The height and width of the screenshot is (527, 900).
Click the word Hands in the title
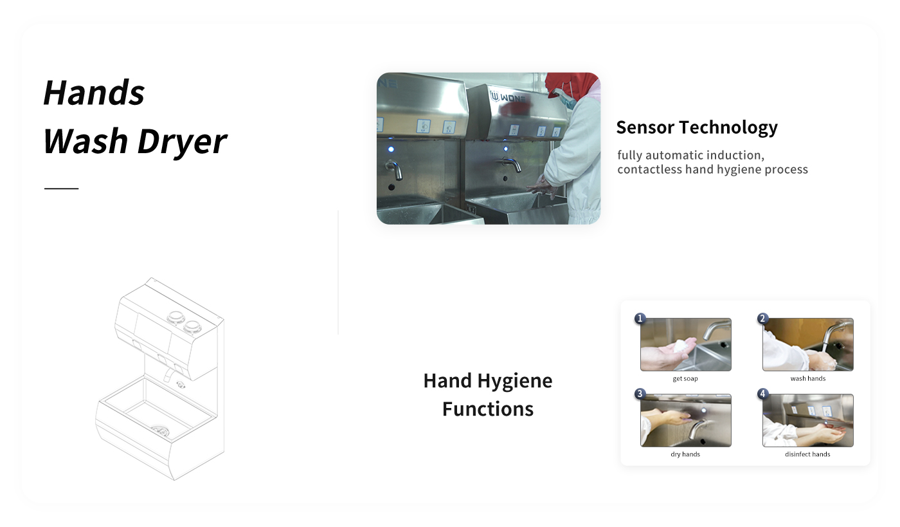pyautogui.click(x=94, y=93)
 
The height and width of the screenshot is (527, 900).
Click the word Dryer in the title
pyautogui.click(x=182, y=142)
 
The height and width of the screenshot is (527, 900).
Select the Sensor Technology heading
pyautogui.click(x=697, y=127)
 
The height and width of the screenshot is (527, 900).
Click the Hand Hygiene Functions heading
pyautogui.click(x=488, y=394)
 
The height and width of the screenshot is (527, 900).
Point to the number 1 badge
pyautogui.click(x=640, y=319)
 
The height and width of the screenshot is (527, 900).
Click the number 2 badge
pyautogui.click(x=762, y=319)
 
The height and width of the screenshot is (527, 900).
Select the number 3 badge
pyautogui.click(x=640, y=393)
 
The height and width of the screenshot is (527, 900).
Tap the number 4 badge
pyautogui.click(x=762, y=393)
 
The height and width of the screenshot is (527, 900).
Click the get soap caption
pyautogui.click(x=685, y=378)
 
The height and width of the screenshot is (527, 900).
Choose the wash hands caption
pyautogui.click(x=807, y=378)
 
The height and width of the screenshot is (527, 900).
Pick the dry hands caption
pyautogui.click(x=685, y=454)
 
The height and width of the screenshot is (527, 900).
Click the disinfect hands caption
pyautogui.click(x=807, y=454)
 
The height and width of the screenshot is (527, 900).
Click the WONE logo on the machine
pyautogui.click(x=507, y=97)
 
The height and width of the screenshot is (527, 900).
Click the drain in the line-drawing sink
pyautogui.click(x=160, y=431)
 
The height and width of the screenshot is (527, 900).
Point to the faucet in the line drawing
pyautogui.click(x=168, y=374)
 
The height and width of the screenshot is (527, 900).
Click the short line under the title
pyautogui.click(x=62, y=189)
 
